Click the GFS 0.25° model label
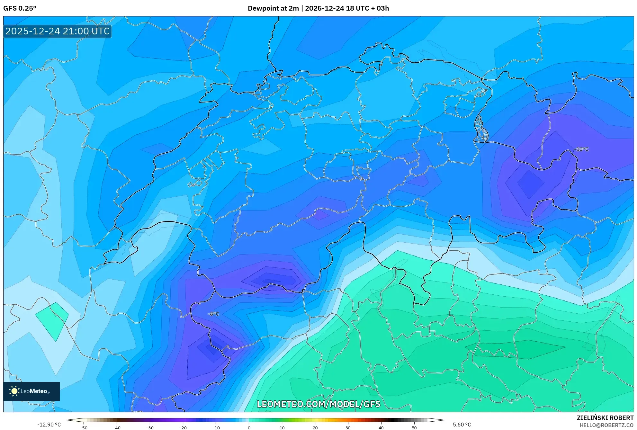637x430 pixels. coord(20,8)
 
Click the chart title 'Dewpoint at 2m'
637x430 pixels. coord(273,8)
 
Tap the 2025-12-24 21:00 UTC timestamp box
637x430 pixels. coord(58,31)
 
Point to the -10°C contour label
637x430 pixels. coord(581,149)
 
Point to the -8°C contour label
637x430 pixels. coord(213,314)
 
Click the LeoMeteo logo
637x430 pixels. coord(31,391)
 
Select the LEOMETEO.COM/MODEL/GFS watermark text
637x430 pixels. coord(318,404)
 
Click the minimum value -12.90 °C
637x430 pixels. coord(49,425)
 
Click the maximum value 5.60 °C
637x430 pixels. coord(462,425)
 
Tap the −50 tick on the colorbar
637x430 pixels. coord(84,428)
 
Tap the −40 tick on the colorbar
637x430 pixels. coord(117,428)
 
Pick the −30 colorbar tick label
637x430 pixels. coord(150,428)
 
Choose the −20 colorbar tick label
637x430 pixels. coord(183,428)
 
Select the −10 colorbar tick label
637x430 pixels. coord(216,428)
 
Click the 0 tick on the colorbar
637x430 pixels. coord(249,428)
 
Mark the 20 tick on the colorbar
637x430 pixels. coord(315,428)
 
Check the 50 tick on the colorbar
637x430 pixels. coord(414,428)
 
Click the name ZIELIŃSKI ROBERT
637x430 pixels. coord(605,418)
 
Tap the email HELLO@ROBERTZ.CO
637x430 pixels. coord(606,425)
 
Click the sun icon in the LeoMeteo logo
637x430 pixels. coord(14,391)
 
